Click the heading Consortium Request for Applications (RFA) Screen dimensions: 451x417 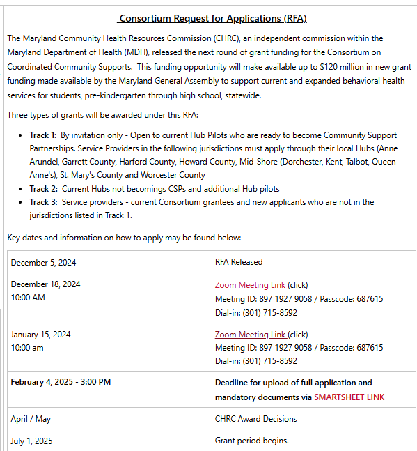click(212, 18)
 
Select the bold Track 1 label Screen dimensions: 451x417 click(43, 135)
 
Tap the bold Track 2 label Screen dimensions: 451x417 click(43, 189)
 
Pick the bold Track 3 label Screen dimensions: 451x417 click(43, 202)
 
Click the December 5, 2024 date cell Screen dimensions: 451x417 click(43, 262)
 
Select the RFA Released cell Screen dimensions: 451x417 click(239, 262)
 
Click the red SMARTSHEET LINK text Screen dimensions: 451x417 click(349, 397)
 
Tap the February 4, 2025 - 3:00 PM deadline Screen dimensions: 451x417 click(61, 382)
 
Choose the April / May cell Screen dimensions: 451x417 click(31, 419)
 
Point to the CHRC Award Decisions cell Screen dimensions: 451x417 click(255, 419)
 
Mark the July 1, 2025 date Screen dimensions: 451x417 click(31, 441)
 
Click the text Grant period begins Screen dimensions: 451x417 click(251, 441)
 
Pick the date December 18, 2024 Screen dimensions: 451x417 click(45, 284)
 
